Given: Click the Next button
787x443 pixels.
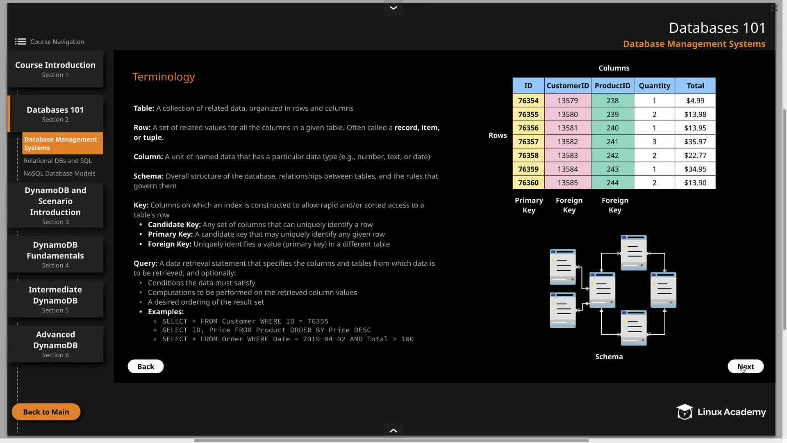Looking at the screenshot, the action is point(745,366).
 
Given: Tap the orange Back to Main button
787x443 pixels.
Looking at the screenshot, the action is point(46,412).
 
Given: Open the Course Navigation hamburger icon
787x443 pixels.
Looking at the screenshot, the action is point(20,41).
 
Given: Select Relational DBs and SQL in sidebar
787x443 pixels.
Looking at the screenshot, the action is point(58,161).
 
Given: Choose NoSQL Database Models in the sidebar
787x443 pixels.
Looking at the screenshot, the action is point(59,174).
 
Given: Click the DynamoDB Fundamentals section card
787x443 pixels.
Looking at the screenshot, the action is point(55,254).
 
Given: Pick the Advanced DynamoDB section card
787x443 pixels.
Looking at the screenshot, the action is point(55,344).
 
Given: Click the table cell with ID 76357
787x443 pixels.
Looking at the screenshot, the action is point(528,142).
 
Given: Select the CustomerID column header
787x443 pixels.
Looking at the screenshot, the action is point(567,86).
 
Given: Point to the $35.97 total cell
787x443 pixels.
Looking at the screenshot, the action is point(695,142).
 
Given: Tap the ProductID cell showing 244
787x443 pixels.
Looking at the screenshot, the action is point(612,183).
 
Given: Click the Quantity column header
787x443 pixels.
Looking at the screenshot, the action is point(654,86).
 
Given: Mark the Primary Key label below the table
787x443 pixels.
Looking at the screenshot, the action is point(529,205).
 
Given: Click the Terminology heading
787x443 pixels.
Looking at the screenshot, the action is point(164,77).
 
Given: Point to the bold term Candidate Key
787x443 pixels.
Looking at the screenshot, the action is point(174,224).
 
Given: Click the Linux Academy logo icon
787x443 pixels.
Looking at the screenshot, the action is point(684,412).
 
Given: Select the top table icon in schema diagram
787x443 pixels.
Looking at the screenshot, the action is point(634,252).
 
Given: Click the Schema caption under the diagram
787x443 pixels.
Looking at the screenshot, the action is point(609,356).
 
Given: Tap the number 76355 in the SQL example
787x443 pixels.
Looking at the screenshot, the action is point(318,321).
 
